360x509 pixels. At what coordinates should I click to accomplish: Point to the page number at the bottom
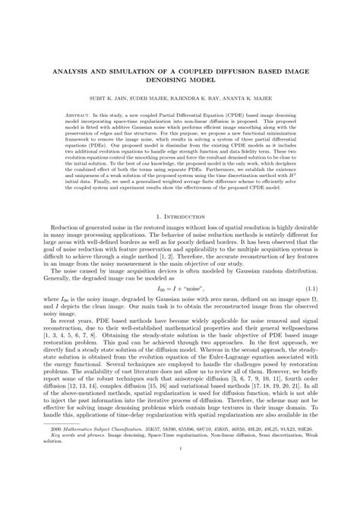pyautogui.click(x=180, y=490)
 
